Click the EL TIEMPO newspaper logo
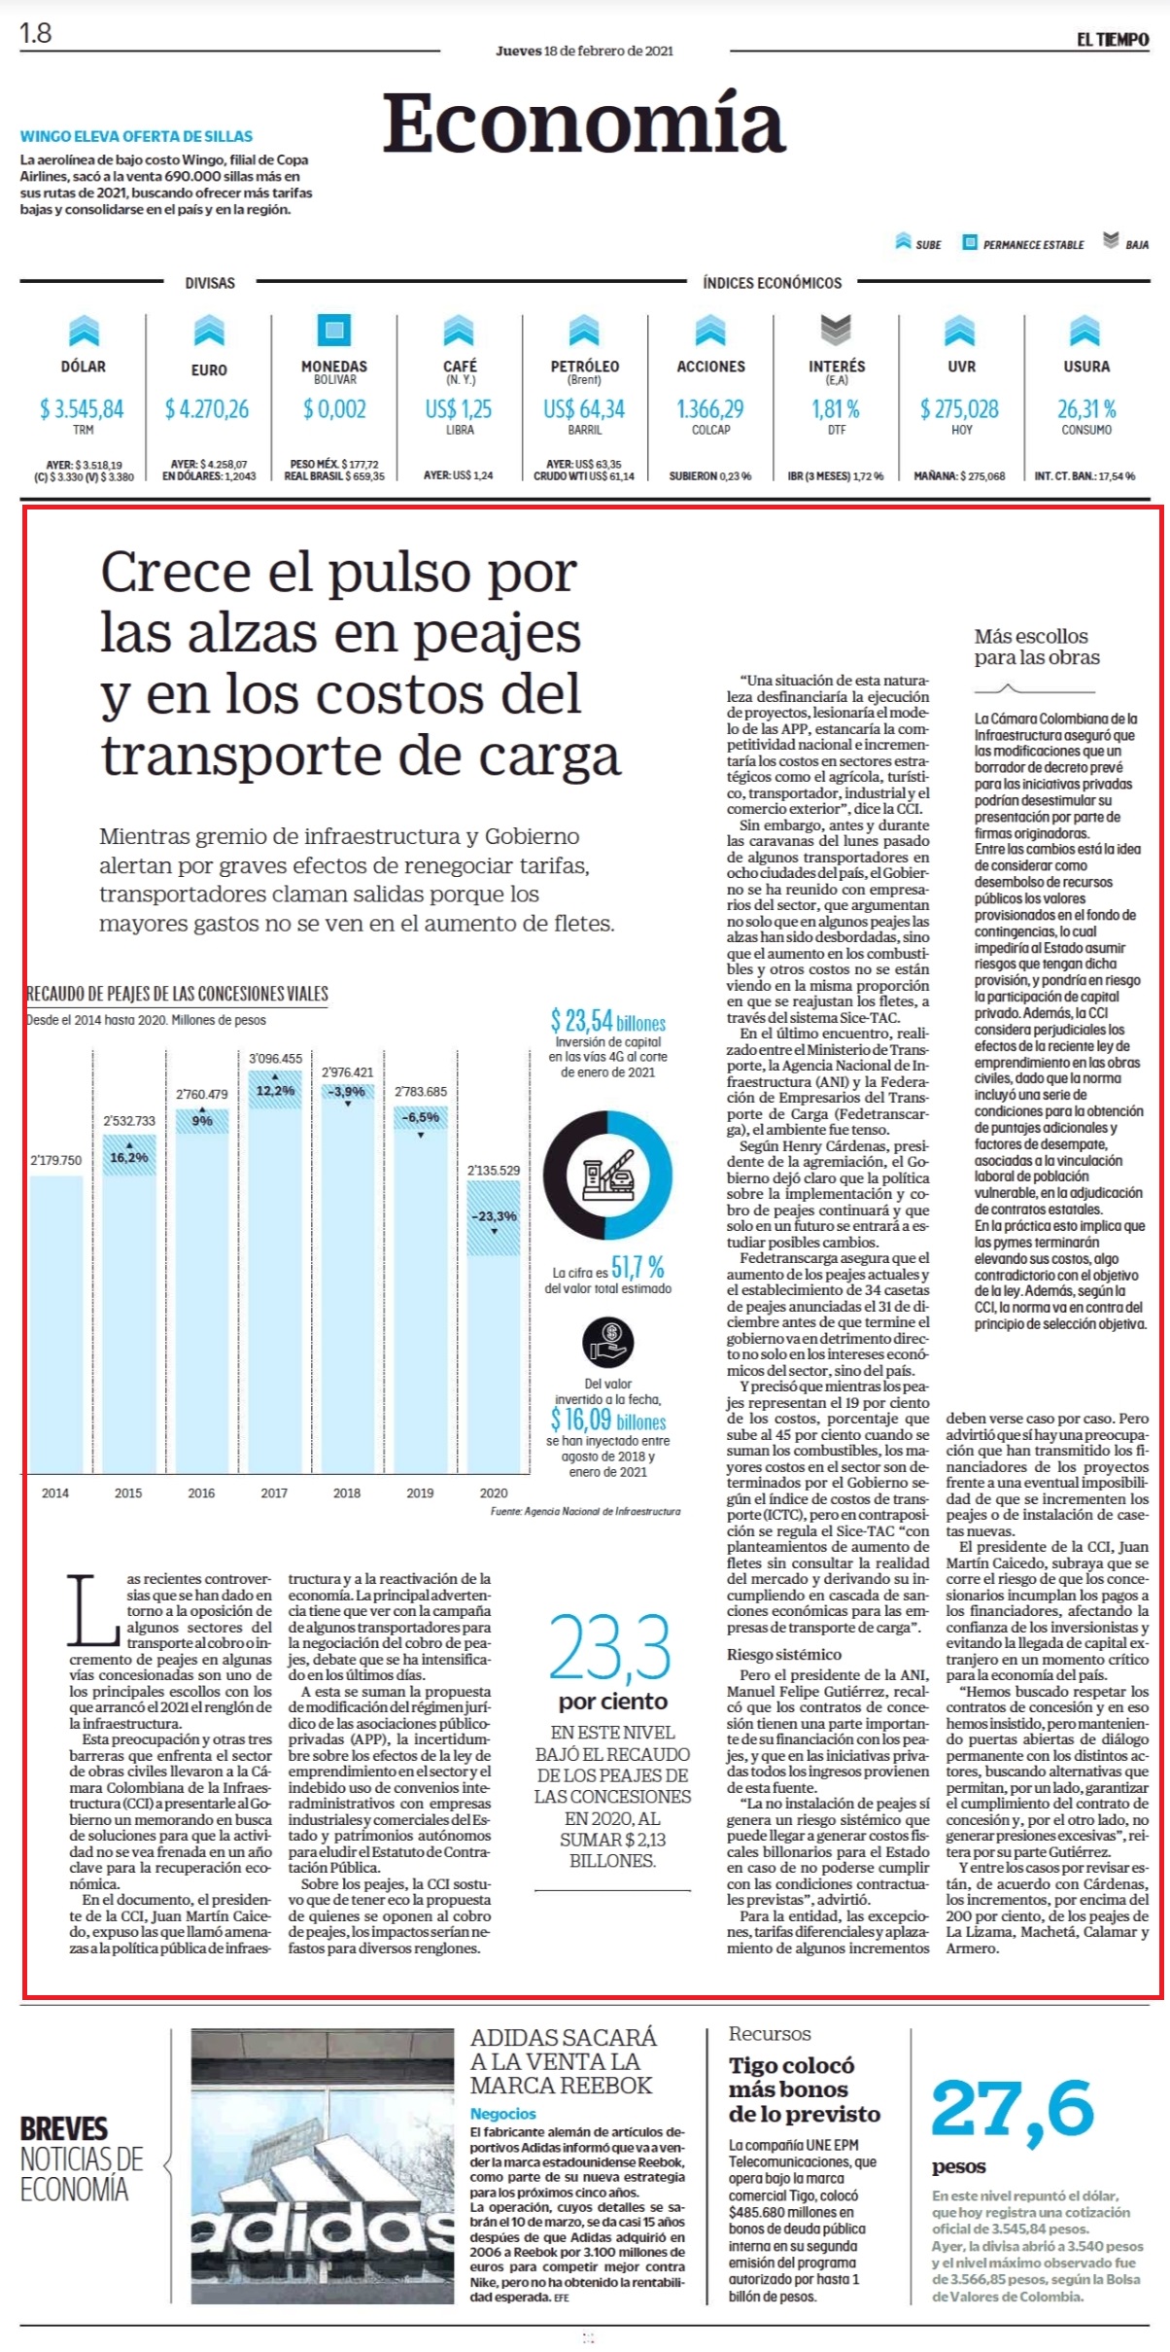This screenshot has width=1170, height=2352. (1112, 39)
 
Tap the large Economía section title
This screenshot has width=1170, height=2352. (583, 123)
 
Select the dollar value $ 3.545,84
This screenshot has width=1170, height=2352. (83, 409)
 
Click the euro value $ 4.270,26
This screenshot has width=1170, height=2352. (208, 409)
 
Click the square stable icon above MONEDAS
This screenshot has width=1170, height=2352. (334, 330)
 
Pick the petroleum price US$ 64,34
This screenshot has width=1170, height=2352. (584, 409)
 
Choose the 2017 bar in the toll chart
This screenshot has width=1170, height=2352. (274, 1271)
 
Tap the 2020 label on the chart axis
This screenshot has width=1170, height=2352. (494, 1492)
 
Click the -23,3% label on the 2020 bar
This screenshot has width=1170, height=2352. (494, 1216)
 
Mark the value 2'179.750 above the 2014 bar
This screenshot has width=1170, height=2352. (55, 1160)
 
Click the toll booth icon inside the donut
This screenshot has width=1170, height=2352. (608, 1176)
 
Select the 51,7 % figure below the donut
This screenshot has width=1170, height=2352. (638, 1267)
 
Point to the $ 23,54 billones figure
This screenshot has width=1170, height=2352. (608, 1021)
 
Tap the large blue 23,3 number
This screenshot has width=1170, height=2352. (610, 1647)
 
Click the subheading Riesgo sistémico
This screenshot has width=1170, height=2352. (784, 1654)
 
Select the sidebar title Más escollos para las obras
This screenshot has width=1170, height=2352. (1036, 647)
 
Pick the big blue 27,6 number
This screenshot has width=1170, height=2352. (1013, 2110)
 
